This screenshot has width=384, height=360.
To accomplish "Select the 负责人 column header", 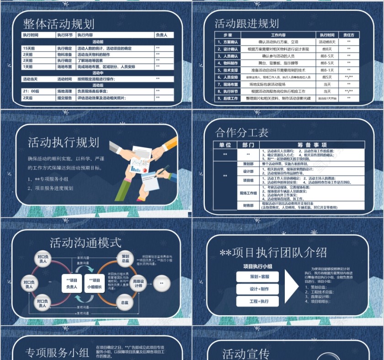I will [161, 35].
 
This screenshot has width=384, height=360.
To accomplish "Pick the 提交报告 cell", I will [64, 98].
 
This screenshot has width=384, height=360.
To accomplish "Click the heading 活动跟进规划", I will [247, 24].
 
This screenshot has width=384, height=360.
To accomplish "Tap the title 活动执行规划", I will [64, 143].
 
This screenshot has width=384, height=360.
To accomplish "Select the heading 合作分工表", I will [242, 133].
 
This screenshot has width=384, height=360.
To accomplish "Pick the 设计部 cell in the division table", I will [248, 171].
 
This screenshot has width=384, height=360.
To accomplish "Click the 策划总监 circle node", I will [125, 258].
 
